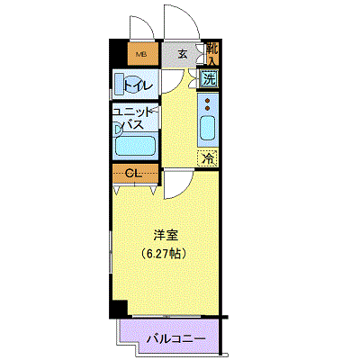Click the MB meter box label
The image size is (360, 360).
pyautogui.click(x=141, y=55)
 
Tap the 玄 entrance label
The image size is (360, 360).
pyautogui.click(x=183, y=54)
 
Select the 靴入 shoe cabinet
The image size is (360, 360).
pyautogui.click(x=212, y=54)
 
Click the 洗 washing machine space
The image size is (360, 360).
pyautogui.click(x=209, y=79)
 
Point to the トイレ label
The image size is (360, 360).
pyautogui.click(x=139, y=85)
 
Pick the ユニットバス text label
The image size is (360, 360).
pyautogui.click(x=133, y=119)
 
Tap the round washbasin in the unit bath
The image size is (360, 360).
pyautogui.click(x=119, y=130)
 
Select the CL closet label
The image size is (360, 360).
pyautogui.click(x=133, y=174)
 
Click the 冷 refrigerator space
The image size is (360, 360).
pyautogui.click(x=208, y=158)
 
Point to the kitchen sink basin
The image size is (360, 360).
pyautogui.click(x=208, y=128)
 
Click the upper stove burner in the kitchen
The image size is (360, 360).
pyautogui.click(x=207, y=101)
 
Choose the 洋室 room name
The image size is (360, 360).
pyautogui.click(x=166, y=235)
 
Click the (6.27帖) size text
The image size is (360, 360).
pyautogui.click(x=165, y=254)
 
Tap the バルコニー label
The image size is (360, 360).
pyautogui.click(x=176, y=339)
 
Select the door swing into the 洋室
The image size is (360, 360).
pyautogui.click(x=186, y=190)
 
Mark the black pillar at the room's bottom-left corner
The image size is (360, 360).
pyautogui.click(x=119, y=308)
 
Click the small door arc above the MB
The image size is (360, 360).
pyautogui.click(x=148, y=23)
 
